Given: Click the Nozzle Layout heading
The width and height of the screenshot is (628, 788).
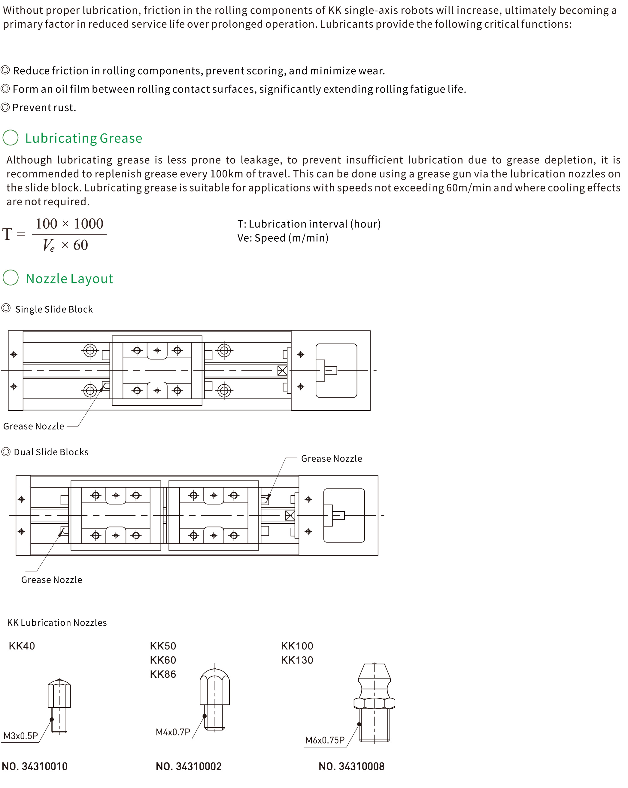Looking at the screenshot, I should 69,279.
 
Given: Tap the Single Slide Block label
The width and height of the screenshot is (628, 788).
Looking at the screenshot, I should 54,309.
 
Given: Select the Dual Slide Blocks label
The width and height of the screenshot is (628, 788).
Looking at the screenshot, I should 51,452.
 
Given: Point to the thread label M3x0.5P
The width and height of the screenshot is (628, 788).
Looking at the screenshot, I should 21,736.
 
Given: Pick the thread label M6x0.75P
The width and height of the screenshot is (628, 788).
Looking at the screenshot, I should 325,740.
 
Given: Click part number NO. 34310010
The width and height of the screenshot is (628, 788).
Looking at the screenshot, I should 35,766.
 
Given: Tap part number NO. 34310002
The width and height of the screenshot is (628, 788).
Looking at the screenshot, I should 189,766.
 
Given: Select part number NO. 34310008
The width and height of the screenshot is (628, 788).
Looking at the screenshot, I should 351,766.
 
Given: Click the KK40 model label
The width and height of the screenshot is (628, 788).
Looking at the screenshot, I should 22,646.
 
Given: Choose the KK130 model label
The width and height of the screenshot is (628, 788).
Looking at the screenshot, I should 297,660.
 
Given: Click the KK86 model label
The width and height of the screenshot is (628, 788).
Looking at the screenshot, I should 163,674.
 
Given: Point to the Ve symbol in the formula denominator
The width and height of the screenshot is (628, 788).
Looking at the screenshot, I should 49,245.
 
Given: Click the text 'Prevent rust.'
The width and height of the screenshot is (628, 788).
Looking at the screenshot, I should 44,108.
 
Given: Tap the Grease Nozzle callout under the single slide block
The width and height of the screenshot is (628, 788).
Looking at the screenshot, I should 34,426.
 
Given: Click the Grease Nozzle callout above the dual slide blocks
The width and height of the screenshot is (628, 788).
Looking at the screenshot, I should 331,459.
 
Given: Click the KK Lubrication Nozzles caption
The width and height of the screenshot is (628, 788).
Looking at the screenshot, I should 57,622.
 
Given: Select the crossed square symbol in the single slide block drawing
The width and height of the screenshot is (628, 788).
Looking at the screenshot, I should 282,371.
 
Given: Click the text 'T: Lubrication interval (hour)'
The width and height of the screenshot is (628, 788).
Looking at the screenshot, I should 309,224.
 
